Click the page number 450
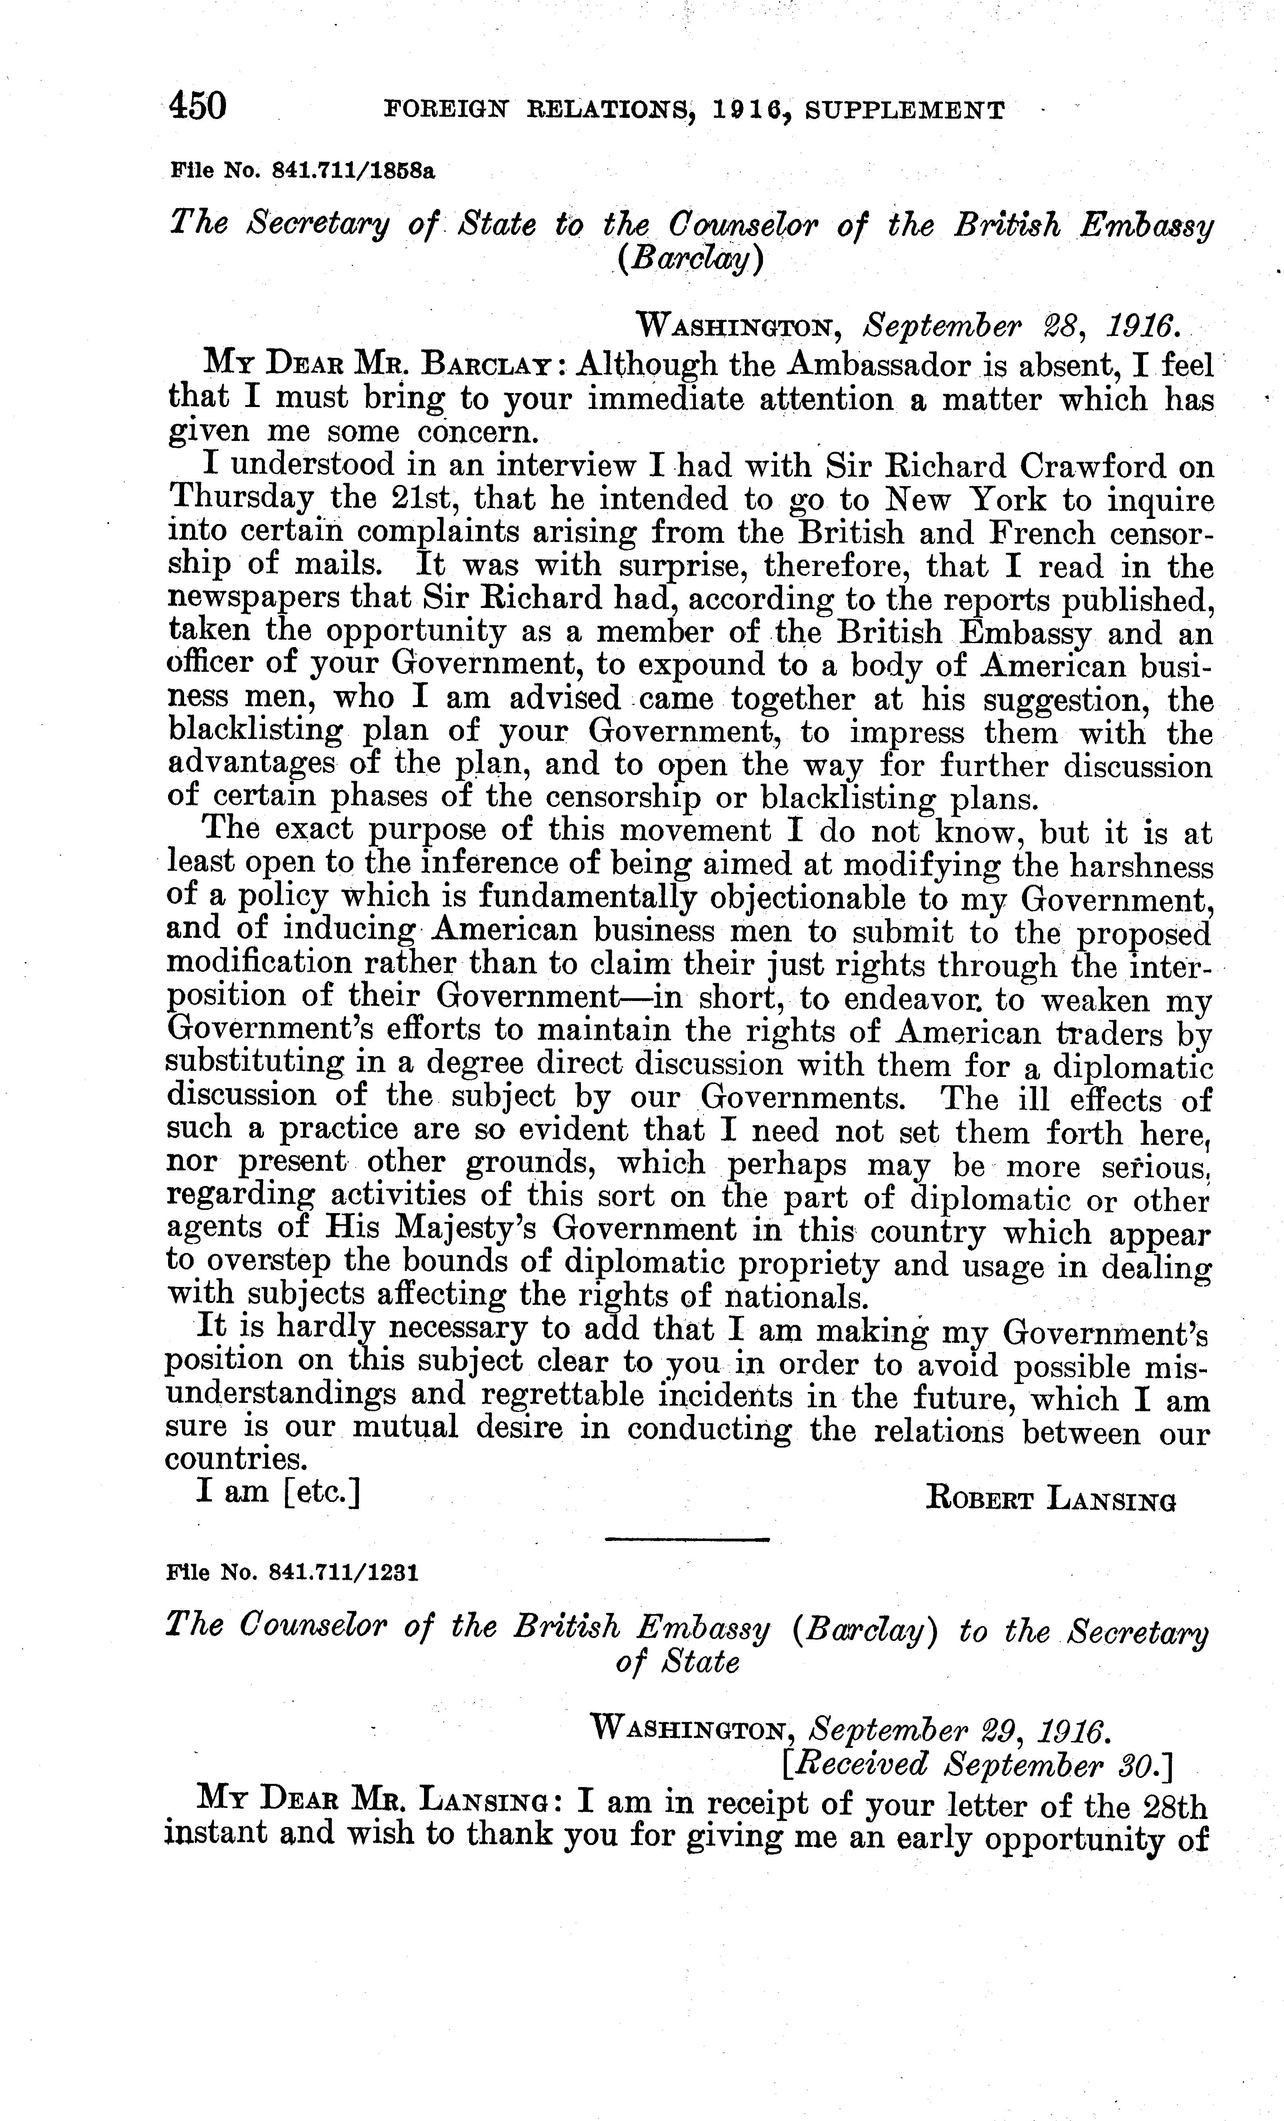pyautogui.click(x=198, y=107)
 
